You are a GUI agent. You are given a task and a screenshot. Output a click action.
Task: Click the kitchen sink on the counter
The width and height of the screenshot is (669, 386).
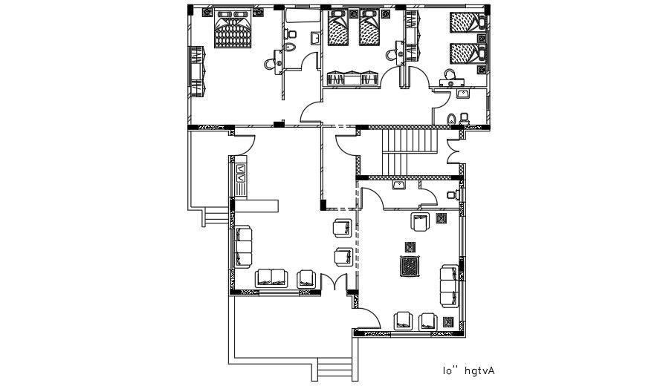(242, 174)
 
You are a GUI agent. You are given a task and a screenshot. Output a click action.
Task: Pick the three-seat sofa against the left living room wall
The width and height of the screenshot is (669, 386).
(243, 248)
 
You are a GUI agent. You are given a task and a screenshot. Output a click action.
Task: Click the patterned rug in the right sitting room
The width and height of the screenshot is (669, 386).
(409, 266)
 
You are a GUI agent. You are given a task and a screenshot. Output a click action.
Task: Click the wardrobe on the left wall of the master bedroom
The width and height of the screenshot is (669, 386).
(196, 70)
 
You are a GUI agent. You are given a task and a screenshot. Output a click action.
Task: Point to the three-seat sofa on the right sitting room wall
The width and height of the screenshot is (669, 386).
(450, 285)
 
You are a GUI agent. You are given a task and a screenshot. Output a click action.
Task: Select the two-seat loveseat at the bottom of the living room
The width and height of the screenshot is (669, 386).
(271, 278)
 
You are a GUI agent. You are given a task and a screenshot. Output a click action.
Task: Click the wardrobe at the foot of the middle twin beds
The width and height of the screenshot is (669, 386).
(354, 78)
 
